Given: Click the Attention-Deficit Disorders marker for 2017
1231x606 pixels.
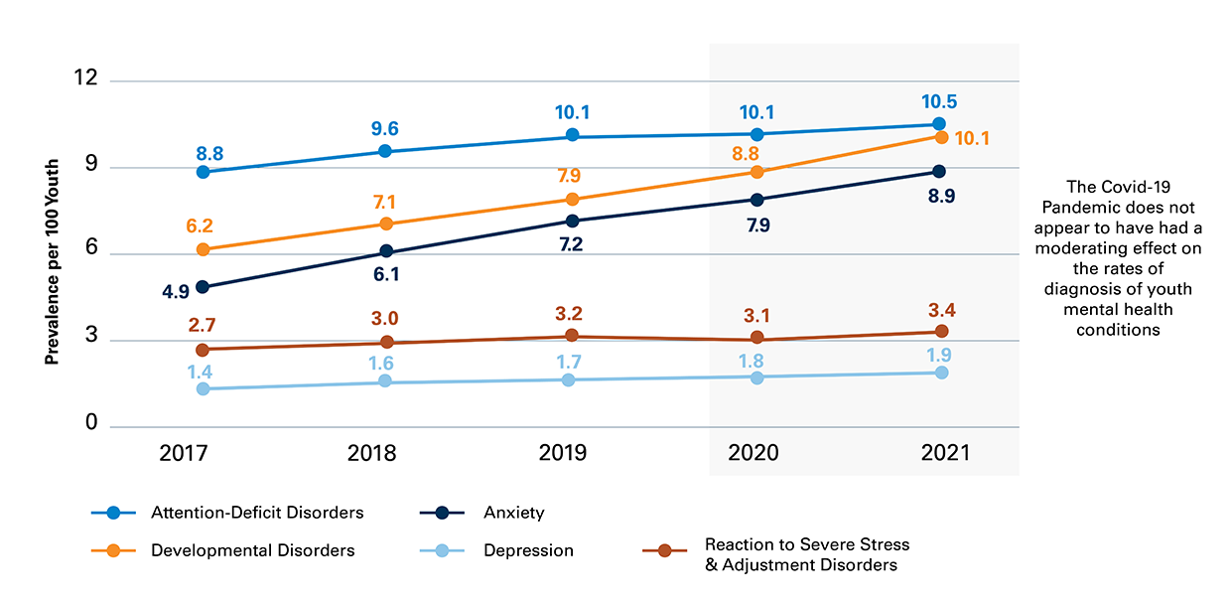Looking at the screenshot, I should pyautogui.click(x=203, y=172).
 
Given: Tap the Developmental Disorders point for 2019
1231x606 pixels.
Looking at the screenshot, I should pyautogui.click(x=569, y=200).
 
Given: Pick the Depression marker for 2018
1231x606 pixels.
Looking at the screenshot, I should pyautogui.click(x=386, y=382).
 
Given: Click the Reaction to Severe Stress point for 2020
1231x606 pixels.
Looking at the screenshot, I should pyautogui.click(x=757, y=339).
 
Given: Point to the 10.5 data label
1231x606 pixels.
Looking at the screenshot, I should pyautogui.click(x=938, y=101).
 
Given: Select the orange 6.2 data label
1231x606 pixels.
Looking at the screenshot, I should pyautogui.click(x=202, y=227).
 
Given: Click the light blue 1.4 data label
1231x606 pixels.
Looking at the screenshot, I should pyautogui.click(x=202, y=371).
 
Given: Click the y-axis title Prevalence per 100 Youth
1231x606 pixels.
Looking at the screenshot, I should pyautogui.click(x=52, y=262).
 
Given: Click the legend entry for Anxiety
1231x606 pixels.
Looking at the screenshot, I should pyautogui.click(x=513, y=513).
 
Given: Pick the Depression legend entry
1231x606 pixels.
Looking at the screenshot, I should pyautogui.click(x=528, y=550).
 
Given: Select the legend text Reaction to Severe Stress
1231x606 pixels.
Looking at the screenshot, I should pyautogui.click(x=806, y=544).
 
